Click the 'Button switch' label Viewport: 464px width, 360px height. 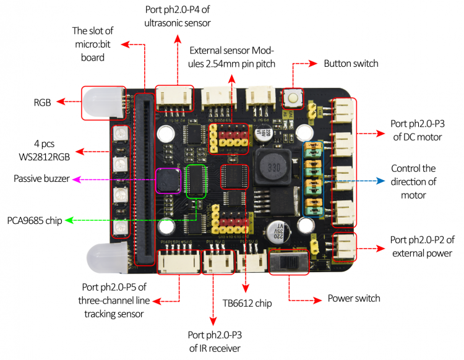point(351,63)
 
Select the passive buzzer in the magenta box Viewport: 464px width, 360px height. point(168,181)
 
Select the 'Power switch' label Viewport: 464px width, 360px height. point(354,298)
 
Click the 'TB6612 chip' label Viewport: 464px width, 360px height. point(247,303)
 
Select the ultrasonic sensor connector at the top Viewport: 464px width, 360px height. point(174,96)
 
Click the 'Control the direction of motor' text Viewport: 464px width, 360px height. point(413,182)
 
